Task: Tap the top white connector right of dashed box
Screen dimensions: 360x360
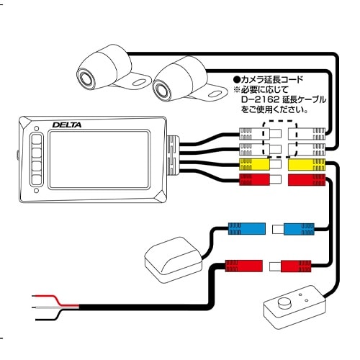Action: (306, 134)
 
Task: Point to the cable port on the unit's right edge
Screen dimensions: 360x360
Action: (173, 155)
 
